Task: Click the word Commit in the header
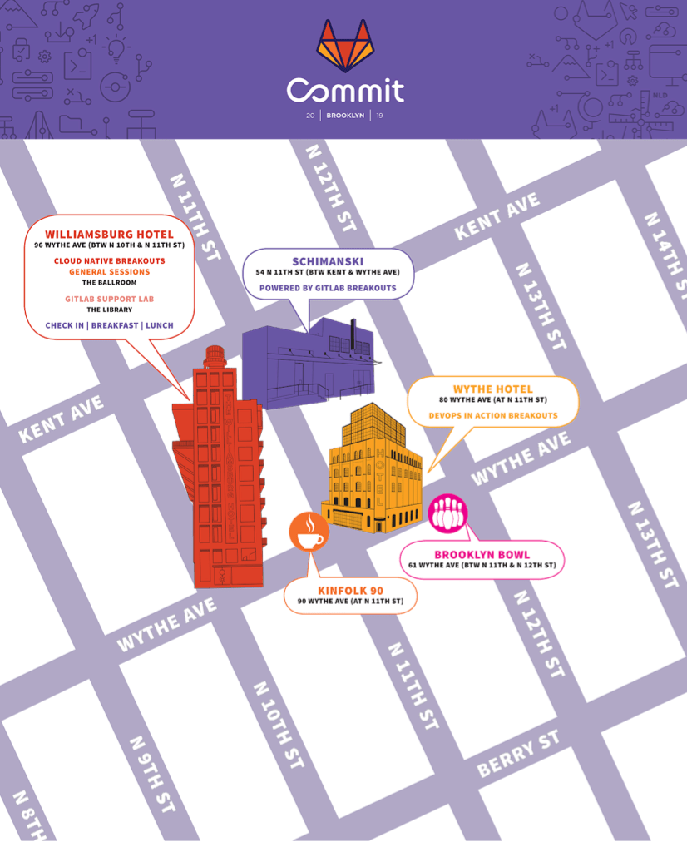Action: click(x=345, y=90)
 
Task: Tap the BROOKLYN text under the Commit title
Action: click(x=345, y=116)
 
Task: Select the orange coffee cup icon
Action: click(x=309, y=532)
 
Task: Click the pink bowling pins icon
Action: click(x=448, y=513)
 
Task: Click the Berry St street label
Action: click(x=518, y=754)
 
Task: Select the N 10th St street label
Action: click(x=279, y=725)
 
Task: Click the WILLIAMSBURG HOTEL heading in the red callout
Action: click(x=109, y=235)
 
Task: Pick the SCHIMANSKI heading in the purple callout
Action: click(x=328, y=261)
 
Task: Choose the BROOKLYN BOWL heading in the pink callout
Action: click(x=482, y=555)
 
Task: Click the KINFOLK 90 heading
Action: click(x=350, y=591)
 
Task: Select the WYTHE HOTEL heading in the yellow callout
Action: click(x=493, y=389)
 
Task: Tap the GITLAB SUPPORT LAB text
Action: click(x=109, y=299)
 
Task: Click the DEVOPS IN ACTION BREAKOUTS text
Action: click(x=493, y=415)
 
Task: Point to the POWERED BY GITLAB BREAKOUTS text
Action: click(x=328, y=288)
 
